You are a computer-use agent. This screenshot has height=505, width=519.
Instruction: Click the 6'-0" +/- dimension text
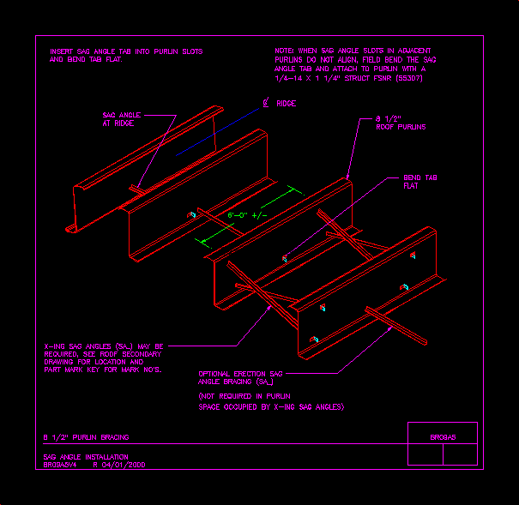pyautogui.click(x=247, y=214)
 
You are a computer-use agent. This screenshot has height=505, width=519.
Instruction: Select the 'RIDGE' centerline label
pyautogui.click(x=286, y=103)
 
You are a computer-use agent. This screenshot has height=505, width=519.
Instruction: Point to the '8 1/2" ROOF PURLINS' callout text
pyautogui.click(x=401, y=123)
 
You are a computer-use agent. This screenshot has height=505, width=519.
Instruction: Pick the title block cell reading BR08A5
pyautogui.click(x=442, y=437)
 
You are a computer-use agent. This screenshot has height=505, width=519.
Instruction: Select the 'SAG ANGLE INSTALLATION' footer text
pyautogui.click(x=85, y=457)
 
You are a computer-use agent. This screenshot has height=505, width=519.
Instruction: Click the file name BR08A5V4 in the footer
pyautogui.click(x=60, y=465)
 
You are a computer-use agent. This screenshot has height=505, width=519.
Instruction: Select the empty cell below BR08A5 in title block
pyautogui.click(x=442, y=455)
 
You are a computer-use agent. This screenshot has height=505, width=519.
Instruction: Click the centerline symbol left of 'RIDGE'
pyautogui.click(x=267, y=103)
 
